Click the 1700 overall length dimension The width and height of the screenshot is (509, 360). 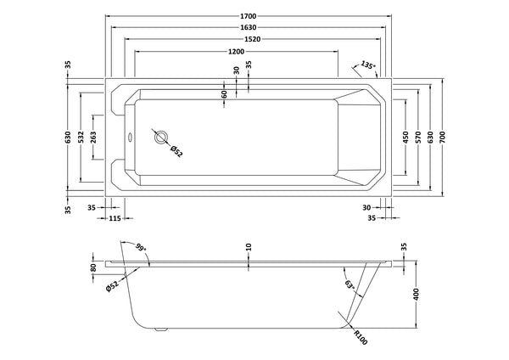coord(248,15)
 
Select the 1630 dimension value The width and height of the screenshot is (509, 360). coord(248,28)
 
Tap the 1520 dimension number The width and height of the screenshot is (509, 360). coord(248,40)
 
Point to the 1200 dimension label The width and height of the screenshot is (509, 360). coord(226,53)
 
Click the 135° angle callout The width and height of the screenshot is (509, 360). coord(366,65)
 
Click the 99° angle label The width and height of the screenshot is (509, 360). coord(141,248)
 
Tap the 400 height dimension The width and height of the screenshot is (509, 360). coord(416,293)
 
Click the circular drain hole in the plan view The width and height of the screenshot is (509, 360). coord(160,136)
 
